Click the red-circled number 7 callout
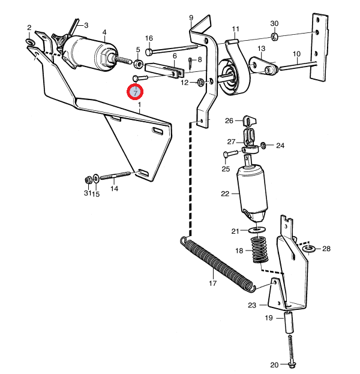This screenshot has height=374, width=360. click(x=135, y=92)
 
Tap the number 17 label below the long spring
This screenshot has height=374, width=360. click(x=212, y=283)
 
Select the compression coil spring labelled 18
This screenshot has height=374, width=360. click(x=259, y=249)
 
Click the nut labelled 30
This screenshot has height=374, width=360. click(x=274, y=37)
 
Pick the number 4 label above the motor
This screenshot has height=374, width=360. click(x=104, y=32)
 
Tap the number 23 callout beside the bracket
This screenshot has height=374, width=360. click(x=252, y=306)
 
